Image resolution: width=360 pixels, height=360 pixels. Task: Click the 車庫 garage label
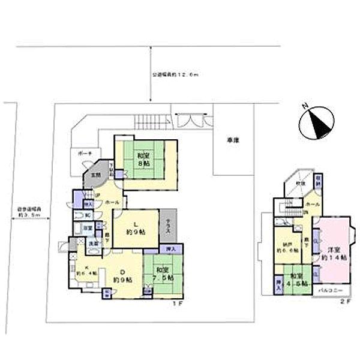(233, 139)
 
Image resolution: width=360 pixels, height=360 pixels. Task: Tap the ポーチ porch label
(83, 154)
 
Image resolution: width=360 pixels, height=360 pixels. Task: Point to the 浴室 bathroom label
(87, 227)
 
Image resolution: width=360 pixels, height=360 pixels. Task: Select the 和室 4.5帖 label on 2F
(296, 280)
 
